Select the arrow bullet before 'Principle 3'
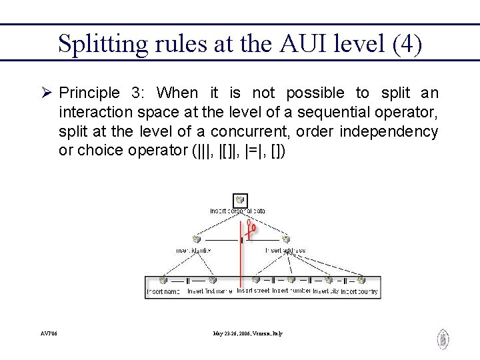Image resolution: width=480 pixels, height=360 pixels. pos(47,93)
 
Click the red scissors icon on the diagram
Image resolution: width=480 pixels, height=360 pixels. pos(251,229)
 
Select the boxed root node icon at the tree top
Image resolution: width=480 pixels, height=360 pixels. pos(240,200)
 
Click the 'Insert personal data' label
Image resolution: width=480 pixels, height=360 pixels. pos(238,211)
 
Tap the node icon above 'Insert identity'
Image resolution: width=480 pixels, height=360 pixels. pos(197,239)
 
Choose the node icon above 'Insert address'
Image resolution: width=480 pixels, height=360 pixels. pos(285,239)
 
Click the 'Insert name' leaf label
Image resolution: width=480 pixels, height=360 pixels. pos(164,291)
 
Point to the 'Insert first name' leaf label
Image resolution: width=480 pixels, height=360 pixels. pos(210,291)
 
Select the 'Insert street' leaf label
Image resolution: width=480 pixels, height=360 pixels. pos(253,291)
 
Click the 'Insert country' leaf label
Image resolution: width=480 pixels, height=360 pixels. pos(359,291)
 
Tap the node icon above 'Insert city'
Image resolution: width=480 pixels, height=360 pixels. pos(326,280)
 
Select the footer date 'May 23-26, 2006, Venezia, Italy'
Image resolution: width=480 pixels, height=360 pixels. pos(248,333)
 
